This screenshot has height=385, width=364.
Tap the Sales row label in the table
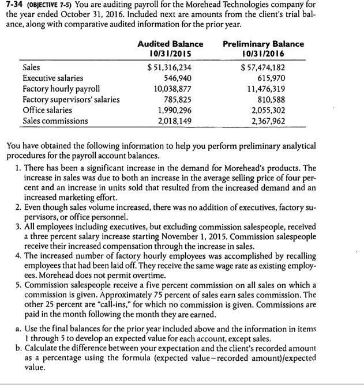point(32,67)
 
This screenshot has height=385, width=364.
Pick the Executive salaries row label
point(52,78)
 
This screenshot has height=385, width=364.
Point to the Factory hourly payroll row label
point(61,89)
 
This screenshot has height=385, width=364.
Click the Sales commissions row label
point(55,120)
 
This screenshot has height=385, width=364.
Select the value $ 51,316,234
point(170,67)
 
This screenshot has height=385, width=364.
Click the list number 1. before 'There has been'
point(19,167)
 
